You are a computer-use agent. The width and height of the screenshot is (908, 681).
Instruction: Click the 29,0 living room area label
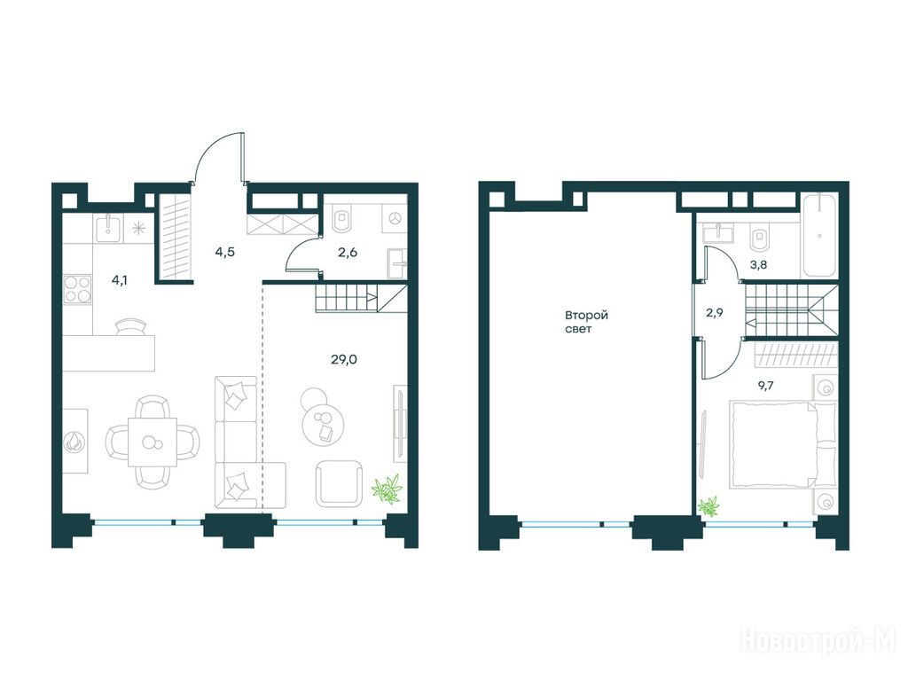pyautogui.click(x=344, y=360)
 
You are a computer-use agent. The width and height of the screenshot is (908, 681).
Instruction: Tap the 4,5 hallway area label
pyautogui.click(x=224, y=252)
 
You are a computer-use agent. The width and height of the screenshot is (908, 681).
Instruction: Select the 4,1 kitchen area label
pyautogui.click(x=120, y=281)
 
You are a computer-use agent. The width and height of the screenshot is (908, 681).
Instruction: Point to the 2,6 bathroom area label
pyautogui.click(x=348, y=252)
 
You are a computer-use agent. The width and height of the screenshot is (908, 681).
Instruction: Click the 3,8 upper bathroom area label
pyautogui.click(x=759, y=265)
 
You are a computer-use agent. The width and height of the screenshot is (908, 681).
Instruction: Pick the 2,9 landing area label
pyautogui.click(x=715, y=313)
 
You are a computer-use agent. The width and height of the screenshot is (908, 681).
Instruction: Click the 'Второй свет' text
pyautogui.click(x=586, y=322)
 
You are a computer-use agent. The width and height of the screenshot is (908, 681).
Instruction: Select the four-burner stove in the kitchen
pyautogui.click(x=78, y=289)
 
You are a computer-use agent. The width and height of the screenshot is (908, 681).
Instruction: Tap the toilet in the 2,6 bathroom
pyautogui.click(x=342, y=219)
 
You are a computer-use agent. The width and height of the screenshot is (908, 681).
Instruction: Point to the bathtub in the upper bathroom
pyautogui.click(x=819, y=236)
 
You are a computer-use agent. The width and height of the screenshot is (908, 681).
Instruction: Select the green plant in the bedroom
pyautogui.click(x=709, y=506)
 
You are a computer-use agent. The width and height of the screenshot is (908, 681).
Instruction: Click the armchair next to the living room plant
pyautogui.click(x=340, y=484)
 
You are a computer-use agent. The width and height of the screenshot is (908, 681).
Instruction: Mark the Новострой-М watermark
pyautogui.click(x=818, y=643)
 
